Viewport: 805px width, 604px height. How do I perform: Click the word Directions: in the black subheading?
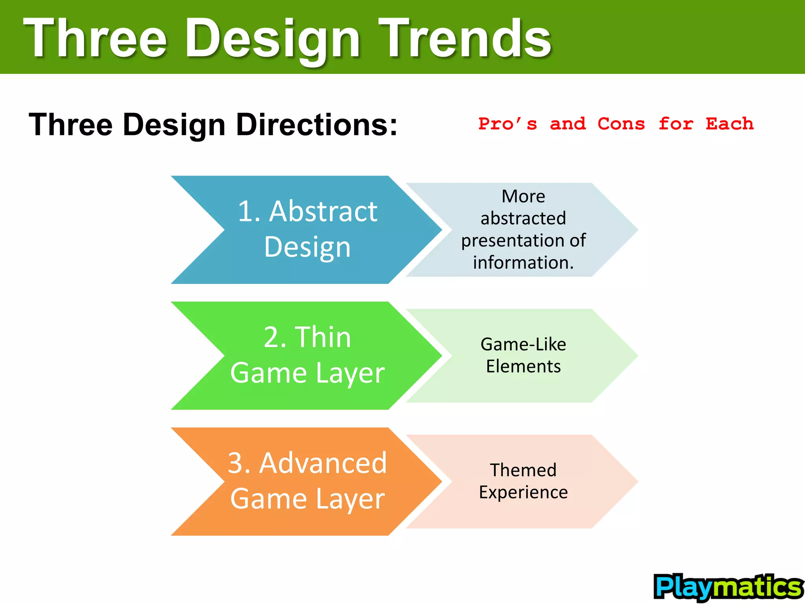[317, 125]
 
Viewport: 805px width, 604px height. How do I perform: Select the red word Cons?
[621, 124]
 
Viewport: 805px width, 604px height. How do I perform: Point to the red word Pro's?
[507, 124]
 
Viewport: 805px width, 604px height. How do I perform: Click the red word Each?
[730, 124]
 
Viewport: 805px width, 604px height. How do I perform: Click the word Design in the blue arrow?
[307, 247]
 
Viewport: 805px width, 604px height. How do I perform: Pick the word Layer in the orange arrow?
[350, 499]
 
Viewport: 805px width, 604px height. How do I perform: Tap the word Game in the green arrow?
[268, 373]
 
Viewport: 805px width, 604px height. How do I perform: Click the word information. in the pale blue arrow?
[523, 262]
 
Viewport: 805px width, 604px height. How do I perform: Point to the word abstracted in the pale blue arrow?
[523, 218]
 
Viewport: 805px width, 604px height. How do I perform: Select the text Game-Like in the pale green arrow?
[523, 344]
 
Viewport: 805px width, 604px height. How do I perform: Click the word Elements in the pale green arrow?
[523, 366]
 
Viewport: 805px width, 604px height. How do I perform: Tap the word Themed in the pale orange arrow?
[523, 470]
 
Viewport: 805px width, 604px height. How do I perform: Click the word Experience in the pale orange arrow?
[523, 492]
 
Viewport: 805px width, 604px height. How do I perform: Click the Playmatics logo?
[728, 587]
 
